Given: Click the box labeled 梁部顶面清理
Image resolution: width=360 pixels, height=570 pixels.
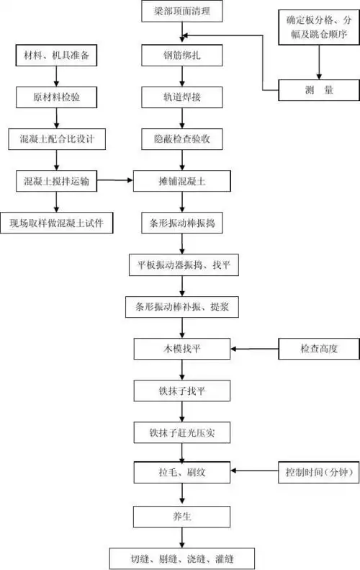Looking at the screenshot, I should (x=182, y=12).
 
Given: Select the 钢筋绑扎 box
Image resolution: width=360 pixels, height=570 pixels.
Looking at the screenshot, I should (x=182, y=53).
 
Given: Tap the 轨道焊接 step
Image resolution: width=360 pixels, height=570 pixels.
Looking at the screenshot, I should (x=182, y=96).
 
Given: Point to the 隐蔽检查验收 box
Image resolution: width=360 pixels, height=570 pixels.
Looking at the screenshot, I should (x=182, y=138).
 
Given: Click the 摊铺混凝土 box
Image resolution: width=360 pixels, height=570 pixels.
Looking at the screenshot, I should (x=182, y=181).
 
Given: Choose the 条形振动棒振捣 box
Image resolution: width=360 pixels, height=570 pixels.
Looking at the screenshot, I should (x=182, y=223).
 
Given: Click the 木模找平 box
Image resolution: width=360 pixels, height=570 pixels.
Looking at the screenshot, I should (x=182, y=349).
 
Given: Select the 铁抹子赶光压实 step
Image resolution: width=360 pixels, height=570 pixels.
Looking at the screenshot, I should (x=182, y=432).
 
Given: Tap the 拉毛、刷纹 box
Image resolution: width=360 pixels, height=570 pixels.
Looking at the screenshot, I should (x=182, y=473).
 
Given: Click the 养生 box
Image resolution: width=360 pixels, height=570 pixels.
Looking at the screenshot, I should (x=182, y=516).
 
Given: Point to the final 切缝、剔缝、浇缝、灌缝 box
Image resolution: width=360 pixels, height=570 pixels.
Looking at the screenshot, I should (x=182, y=558).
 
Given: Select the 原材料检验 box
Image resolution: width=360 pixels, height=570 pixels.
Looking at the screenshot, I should (x=55, y=96).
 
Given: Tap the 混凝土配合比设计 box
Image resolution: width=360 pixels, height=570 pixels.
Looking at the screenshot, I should (x=55, y=138).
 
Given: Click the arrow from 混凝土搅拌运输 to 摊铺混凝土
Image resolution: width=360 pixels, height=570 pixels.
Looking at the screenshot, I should (x=115, y=181).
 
